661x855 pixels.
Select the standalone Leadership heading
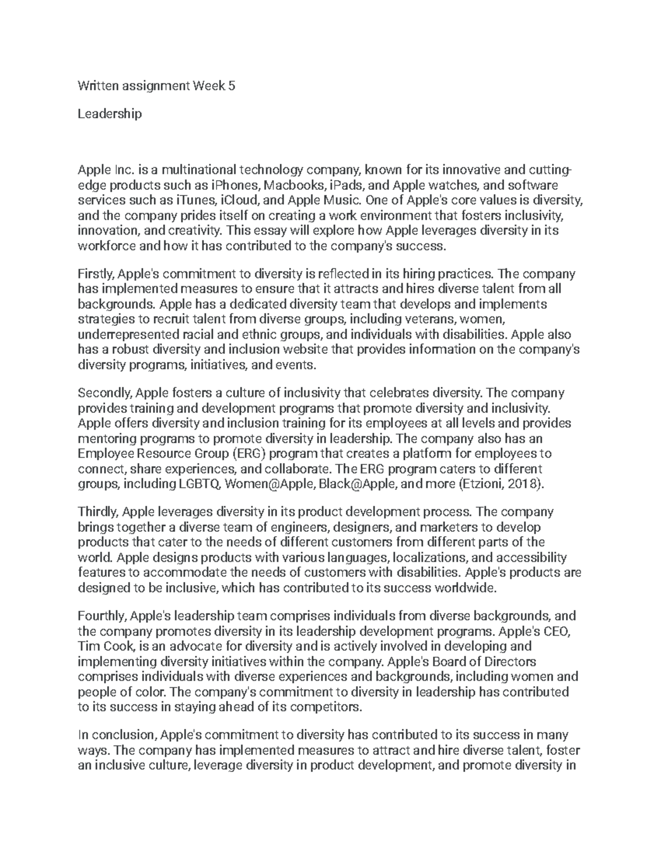(110, 114)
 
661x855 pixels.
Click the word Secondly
(104, 394)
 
